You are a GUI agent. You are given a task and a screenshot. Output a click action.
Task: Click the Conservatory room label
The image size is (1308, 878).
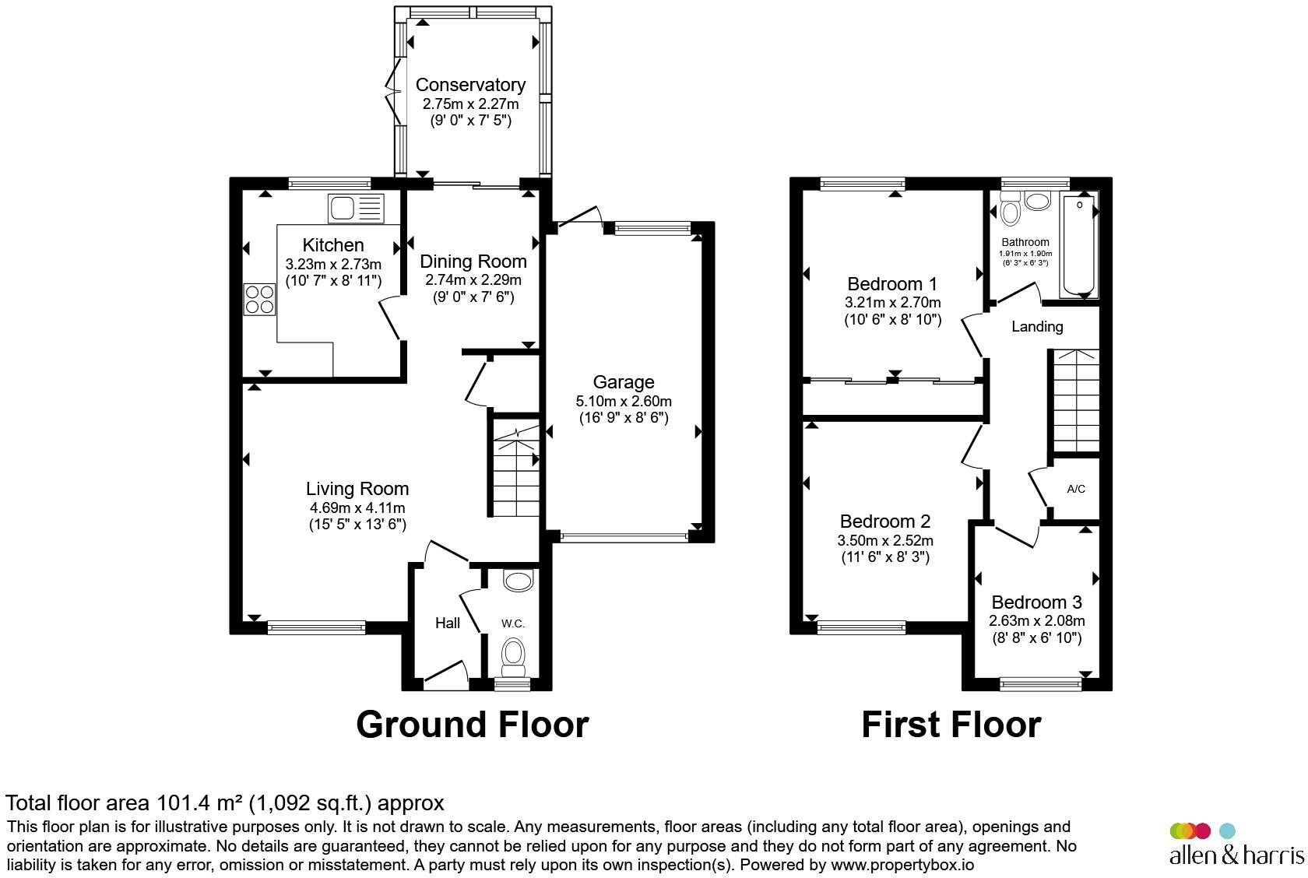pyautogui.click(x=470, y=86)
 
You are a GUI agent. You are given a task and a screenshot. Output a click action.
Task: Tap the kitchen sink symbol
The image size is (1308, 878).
pyautogui.click(x=356, y=209)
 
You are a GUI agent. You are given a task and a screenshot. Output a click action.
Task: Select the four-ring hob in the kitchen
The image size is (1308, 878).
pyautogui.click(x=259, y=299)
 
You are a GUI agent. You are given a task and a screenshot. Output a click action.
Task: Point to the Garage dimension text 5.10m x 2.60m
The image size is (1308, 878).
pyautogui.click(x=624, y=402)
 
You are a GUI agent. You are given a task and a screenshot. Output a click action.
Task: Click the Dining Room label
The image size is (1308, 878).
pyautogui.click(x=473, y=262)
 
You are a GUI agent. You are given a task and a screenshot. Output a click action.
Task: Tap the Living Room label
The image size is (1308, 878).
pyautogui.click(x=357, y=489)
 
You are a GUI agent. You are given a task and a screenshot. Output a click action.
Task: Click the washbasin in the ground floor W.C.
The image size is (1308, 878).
pyautogui.click(x=519, y=581)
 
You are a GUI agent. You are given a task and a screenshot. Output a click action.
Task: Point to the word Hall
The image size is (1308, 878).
pyautogui.click(x=447, y=623)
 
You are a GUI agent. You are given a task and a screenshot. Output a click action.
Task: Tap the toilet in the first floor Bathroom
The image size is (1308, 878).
pyautogui.click(x=1011, y=209)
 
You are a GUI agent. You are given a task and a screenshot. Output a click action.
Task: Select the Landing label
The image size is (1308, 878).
pyautogui.click(x=1037, y=327)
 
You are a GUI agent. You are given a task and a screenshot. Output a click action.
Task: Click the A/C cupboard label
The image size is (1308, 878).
pyautogui.click(x=1076, y=489)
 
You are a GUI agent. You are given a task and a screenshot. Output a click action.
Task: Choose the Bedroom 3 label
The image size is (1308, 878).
pyautogui.click(x=1036, y=602)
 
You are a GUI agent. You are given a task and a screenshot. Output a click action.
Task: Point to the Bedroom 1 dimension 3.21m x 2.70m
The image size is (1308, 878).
pyautogui.click(x=893, y=303)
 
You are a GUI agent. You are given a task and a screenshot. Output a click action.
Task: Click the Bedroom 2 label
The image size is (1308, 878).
pyautogui.click(x=885, y=521)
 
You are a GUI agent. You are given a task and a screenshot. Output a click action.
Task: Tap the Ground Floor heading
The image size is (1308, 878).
pyautogui.click(x=473, y=725)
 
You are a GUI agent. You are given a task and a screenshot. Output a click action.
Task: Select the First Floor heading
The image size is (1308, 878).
pyautogui.click(x=951, y=725)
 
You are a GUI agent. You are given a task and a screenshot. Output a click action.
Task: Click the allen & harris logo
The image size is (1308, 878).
pyautogui.click(x=1236, y=844)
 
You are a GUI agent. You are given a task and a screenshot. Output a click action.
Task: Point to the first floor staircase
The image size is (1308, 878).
pyautogui.click(x=1076, y=401)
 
